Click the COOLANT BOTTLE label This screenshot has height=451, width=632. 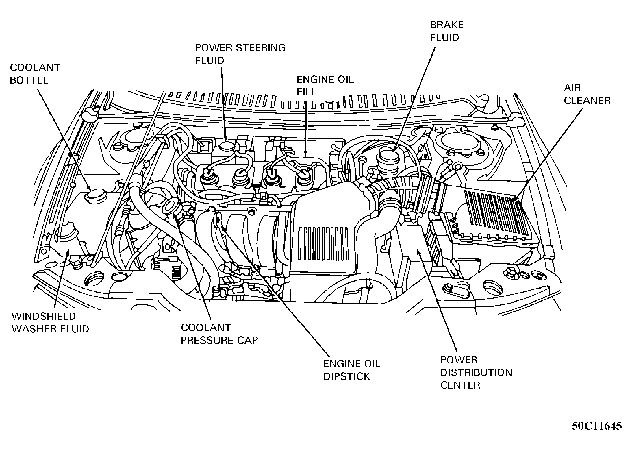35,74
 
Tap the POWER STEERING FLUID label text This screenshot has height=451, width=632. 240,54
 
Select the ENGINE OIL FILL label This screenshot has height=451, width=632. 325,86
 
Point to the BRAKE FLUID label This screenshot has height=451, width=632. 446,31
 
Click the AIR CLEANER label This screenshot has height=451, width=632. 587,94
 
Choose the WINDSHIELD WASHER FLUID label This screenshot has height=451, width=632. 50,323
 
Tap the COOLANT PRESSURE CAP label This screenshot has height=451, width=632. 219,334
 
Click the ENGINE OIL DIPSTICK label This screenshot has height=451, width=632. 351,370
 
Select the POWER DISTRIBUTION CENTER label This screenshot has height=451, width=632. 476,372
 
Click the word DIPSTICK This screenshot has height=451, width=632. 346,376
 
